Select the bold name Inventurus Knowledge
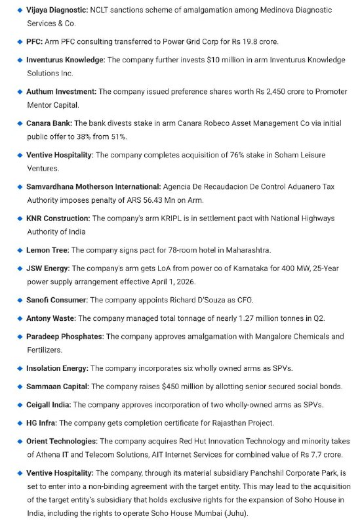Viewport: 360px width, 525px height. [65, 60]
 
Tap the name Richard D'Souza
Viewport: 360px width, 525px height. [192, 300]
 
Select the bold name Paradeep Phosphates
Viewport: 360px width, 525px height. [65, 337]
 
